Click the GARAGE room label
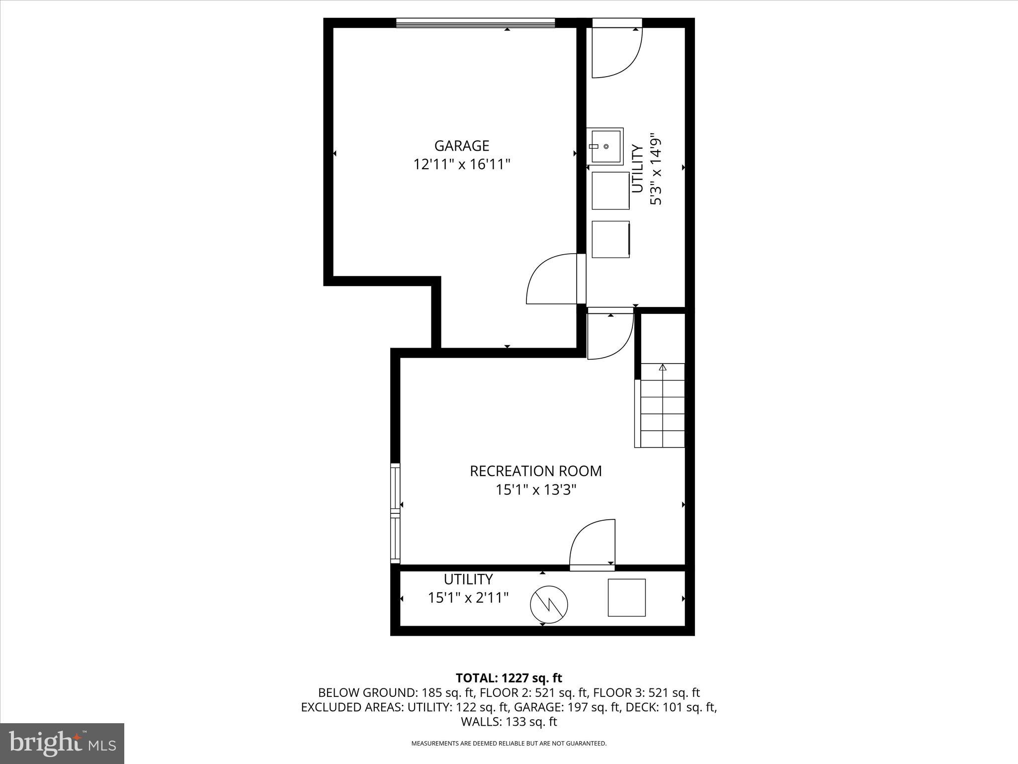pyautogui.click(x=462, y=146)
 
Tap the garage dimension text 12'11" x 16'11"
pyautogui.click(x=462, y=164)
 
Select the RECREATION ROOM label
pyautogui.click(x=535, y=471)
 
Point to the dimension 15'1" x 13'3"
pyautogui.click(x=535, y=490)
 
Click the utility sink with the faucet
pyautogui.click(x=605, y=146)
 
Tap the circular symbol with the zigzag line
pyautogui.click(x=549, y=604)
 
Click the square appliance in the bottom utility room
pyautogui.click(x=626, y=597)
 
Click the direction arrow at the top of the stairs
pyautogui.click(x=662, y=368)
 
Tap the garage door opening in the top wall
pyautogui.click(x=475, y=23)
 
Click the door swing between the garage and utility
pyautogui.click(x=552, y=279)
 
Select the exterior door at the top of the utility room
pyautogui.click(x=617, y=50)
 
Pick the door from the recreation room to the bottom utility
pyautogui.click(x=593, y=545)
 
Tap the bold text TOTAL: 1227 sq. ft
pyautogui.click(x=509, y=678)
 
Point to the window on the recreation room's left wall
pyautogui.click(x=395, y=513)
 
